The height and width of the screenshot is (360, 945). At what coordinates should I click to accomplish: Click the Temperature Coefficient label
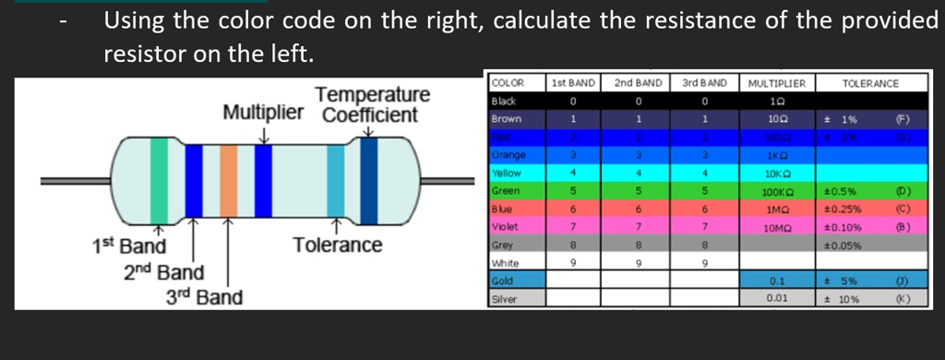pyautogui.click(x=371, y=105)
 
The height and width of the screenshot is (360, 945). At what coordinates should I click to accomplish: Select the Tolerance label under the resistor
pyautogui.click(x=337, y=245)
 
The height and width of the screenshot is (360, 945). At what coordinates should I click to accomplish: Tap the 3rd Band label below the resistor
pyautogui.click(x=204, y=297)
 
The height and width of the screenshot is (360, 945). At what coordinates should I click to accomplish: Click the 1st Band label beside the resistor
pyautogui.click(x=128, y=246)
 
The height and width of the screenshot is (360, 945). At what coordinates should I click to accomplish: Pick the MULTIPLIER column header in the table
pyautogui.click(x=776, y=83)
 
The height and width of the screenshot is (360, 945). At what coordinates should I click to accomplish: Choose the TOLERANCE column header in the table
pyautogui.click(x=870, y=83)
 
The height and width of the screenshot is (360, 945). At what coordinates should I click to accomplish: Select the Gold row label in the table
pyautogui.click(x=503, y=281)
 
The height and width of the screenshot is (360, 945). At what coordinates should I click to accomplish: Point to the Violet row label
pyautogui.click(x=506, y=227)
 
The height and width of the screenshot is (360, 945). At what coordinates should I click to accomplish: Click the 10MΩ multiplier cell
pyautogui.click(x=776, y=227)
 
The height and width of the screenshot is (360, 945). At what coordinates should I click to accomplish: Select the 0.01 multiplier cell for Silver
pyautogui.click(x=776, y=298)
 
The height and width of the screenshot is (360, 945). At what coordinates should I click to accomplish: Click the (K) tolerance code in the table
pyautogui.click(x=902, y=298)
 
